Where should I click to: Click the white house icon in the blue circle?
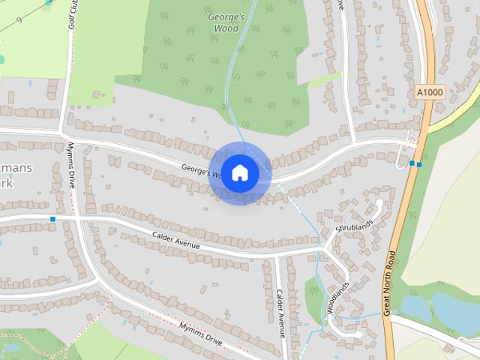click(240, 172)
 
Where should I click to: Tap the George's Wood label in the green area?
click(225, 22)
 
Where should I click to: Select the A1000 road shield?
click(429, 92)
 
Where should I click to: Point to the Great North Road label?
click(388, 283)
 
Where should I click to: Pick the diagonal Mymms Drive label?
click(200, 334)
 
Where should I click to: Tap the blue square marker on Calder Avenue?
click(52, 219)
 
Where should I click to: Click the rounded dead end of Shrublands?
click(379, 202)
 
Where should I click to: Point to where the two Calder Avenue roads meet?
click(276, 256)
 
